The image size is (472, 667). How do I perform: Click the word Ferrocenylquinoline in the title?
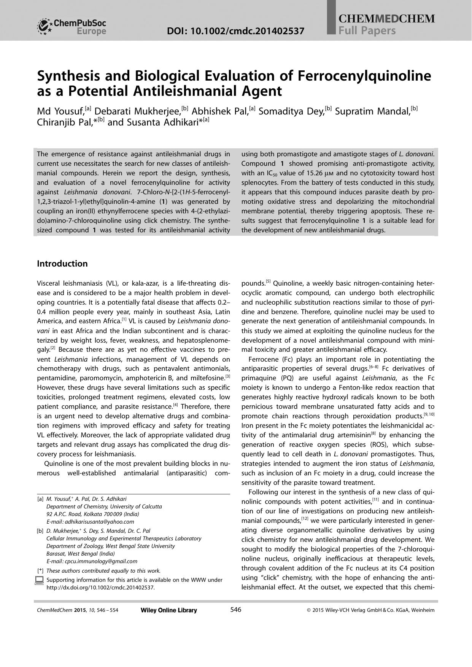(x=365, y=76)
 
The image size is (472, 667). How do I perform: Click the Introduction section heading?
(x=62, y=264)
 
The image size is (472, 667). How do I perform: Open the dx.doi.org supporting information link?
(x=100, y=588)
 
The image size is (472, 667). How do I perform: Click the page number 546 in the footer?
(x=236, y=610)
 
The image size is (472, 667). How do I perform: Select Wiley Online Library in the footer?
(x=168, y=610)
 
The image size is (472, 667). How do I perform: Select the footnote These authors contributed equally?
(x=103, y=570)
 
